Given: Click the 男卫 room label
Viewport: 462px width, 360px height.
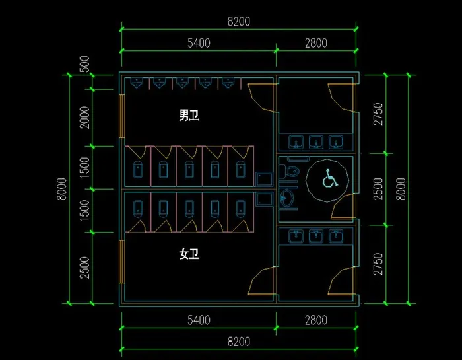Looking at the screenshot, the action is click(189, 115).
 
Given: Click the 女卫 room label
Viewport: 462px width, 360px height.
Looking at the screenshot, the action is click(189, 254).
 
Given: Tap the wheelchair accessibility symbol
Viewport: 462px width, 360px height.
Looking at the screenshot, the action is click(329, 178).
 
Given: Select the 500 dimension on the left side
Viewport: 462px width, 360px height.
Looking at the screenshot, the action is click(84, 64).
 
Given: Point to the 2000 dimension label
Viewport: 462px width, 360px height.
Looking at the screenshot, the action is click(84, 118).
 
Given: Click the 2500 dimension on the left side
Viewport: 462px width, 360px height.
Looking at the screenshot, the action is click(84, 268).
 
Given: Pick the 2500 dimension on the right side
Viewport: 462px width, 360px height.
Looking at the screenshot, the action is click(378, 189).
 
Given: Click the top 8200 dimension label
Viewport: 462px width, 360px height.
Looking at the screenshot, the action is click(239, 22).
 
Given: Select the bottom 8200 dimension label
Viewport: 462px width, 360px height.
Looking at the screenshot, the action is click(239, 342).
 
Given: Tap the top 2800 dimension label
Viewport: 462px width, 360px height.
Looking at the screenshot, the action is click(316, 43).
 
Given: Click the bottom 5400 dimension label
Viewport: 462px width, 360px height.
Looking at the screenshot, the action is click(199, 320).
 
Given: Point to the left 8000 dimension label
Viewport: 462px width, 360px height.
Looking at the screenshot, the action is click(62, 189).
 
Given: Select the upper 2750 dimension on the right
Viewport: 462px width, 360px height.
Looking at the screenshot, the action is click(378, 114).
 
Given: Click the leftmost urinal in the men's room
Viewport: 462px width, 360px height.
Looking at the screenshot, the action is click(137, 83).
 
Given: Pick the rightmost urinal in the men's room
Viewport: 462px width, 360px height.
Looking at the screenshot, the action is click(228, 83).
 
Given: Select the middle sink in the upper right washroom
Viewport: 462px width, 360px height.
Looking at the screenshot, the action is click(316, 142).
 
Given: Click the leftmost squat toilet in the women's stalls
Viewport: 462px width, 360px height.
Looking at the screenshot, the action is click(138, 208).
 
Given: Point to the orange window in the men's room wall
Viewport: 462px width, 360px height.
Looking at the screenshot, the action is click(121, 116).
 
